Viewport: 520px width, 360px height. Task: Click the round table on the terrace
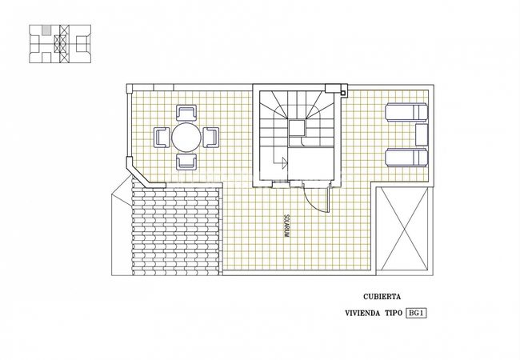186,138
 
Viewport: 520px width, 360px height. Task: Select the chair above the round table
186,113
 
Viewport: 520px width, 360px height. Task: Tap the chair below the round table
186,162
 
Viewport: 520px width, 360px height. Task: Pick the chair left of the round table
162,138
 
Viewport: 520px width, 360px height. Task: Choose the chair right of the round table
211,138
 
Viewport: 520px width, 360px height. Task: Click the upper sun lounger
406,112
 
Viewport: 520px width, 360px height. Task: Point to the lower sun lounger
406,157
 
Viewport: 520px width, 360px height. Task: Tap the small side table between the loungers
422,134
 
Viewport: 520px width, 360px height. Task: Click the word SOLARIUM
286,226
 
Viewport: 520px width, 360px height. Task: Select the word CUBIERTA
382,297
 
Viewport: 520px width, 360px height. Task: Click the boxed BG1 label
416,313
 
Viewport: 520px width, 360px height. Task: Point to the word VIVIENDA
362,314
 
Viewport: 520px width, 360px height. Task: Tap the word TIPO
394,314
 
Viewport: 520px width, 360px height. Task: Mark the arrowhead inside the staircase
284,163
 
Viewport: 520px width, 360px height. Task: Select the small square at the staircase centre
297,128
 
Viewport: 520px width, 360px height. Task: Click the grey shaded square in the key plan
46,30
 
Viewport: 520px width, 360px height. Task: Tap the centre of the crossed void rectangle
405,229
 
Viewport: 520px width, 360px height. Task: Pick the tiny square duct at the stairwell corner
344,93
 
